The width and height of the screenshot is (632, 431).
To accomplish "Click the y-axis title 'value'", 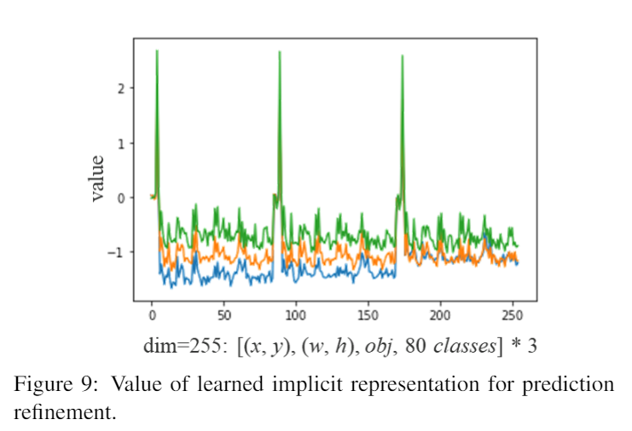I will tap(98, 178).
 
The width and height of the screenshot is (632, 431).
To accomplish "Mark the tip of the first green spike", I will tap(157, 51).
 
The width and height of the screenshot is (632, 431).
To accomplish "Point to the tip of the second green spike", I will tap(280, 52).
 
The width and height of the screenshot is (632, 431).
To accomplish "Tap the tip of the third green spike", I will tap(402, 56).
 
